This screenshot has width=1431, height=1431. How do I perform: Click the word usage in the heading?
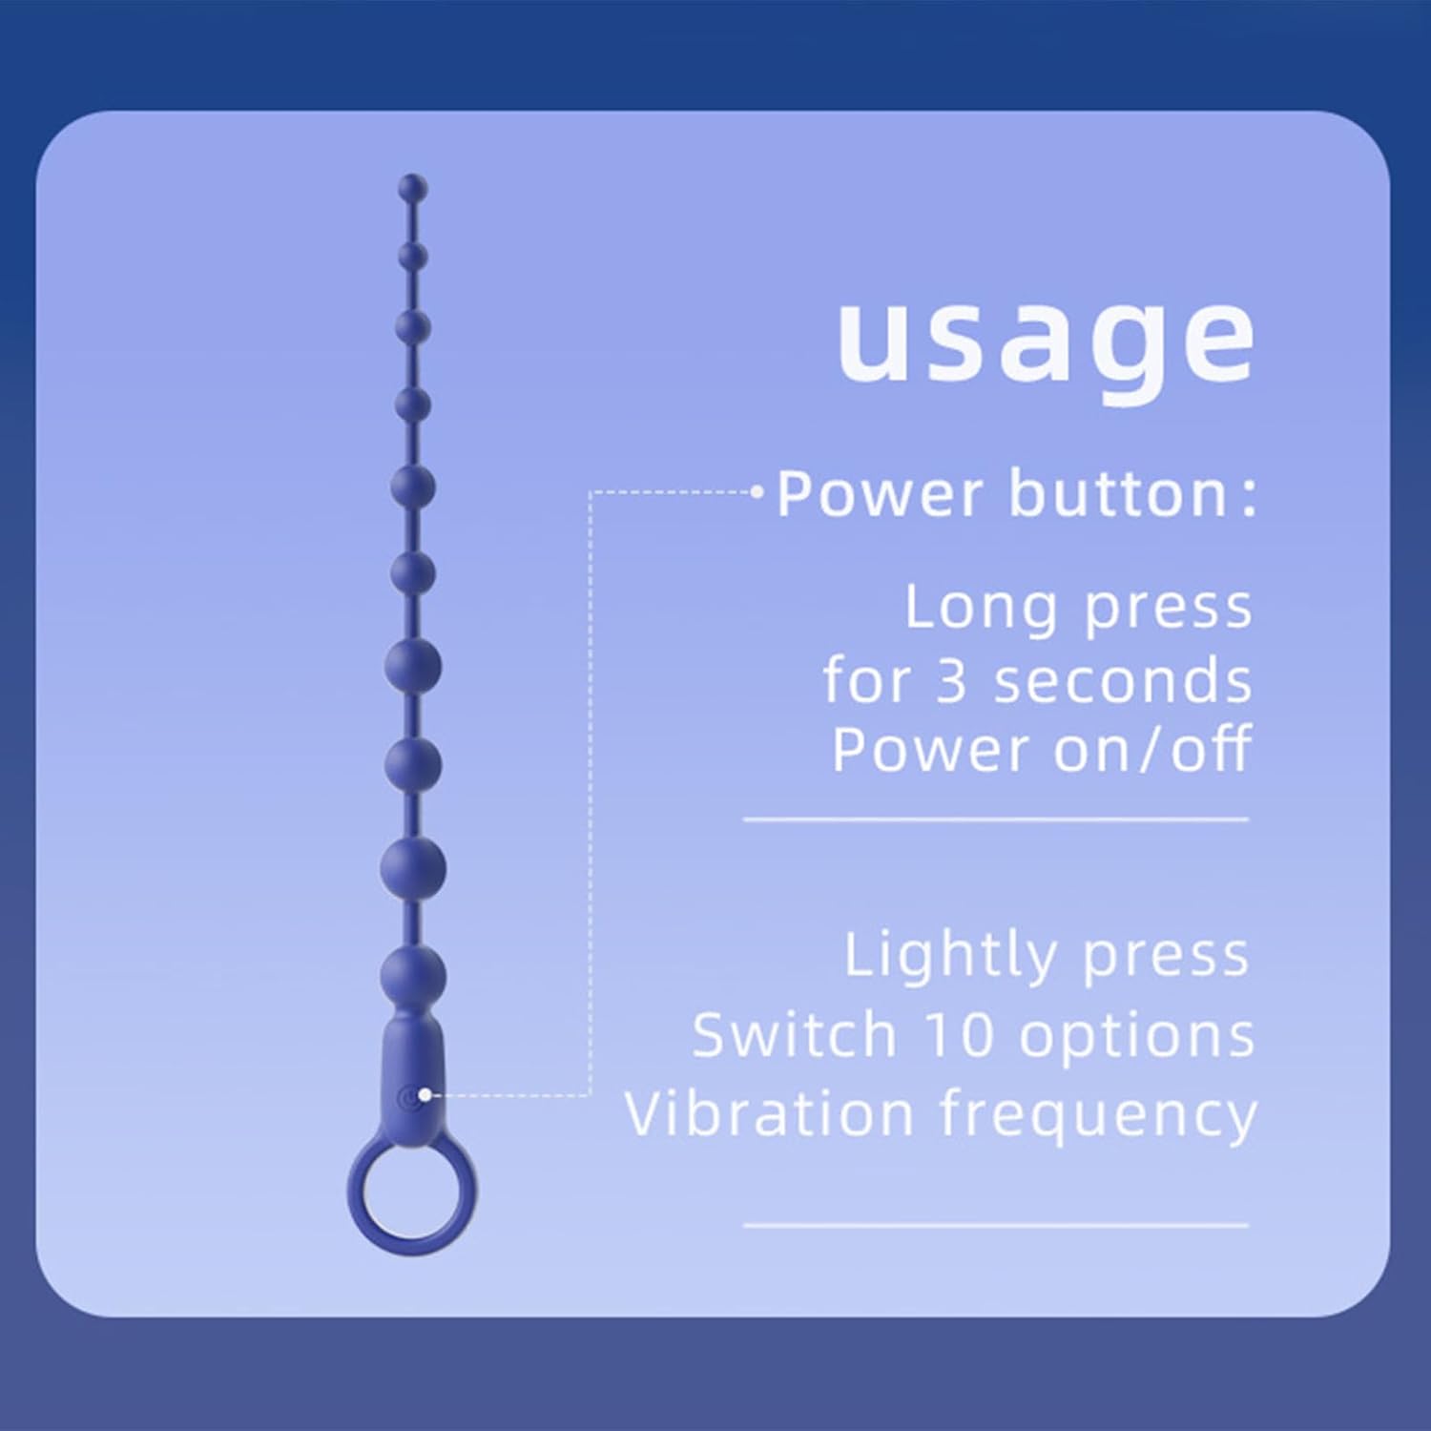point(1046,343)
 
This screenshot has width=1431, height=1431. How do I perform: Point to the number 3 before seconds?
point(952,681)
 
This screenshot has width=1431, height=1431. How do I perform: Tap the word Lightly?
point(950,956)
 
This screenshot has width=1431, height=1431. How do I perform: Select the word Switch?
point(795,1034)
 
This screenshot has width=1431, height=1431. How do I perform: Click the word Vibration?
point(769,1113)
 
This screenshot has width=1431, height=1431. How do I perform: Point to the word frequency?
point(1099,1115)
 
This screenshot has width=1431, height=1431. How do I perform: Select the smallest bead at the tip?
point(413,187)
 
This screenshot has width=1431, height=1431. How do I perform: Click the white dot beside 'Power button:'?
point(757,492)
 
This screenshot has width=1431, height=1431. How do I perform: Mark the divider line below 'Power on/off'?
point(996,819)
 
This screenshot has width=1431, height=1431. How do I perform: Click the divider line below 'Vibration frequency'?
point(996,1225)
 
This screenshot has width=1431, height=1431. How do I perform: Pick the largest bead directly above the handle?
point(413,975)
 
